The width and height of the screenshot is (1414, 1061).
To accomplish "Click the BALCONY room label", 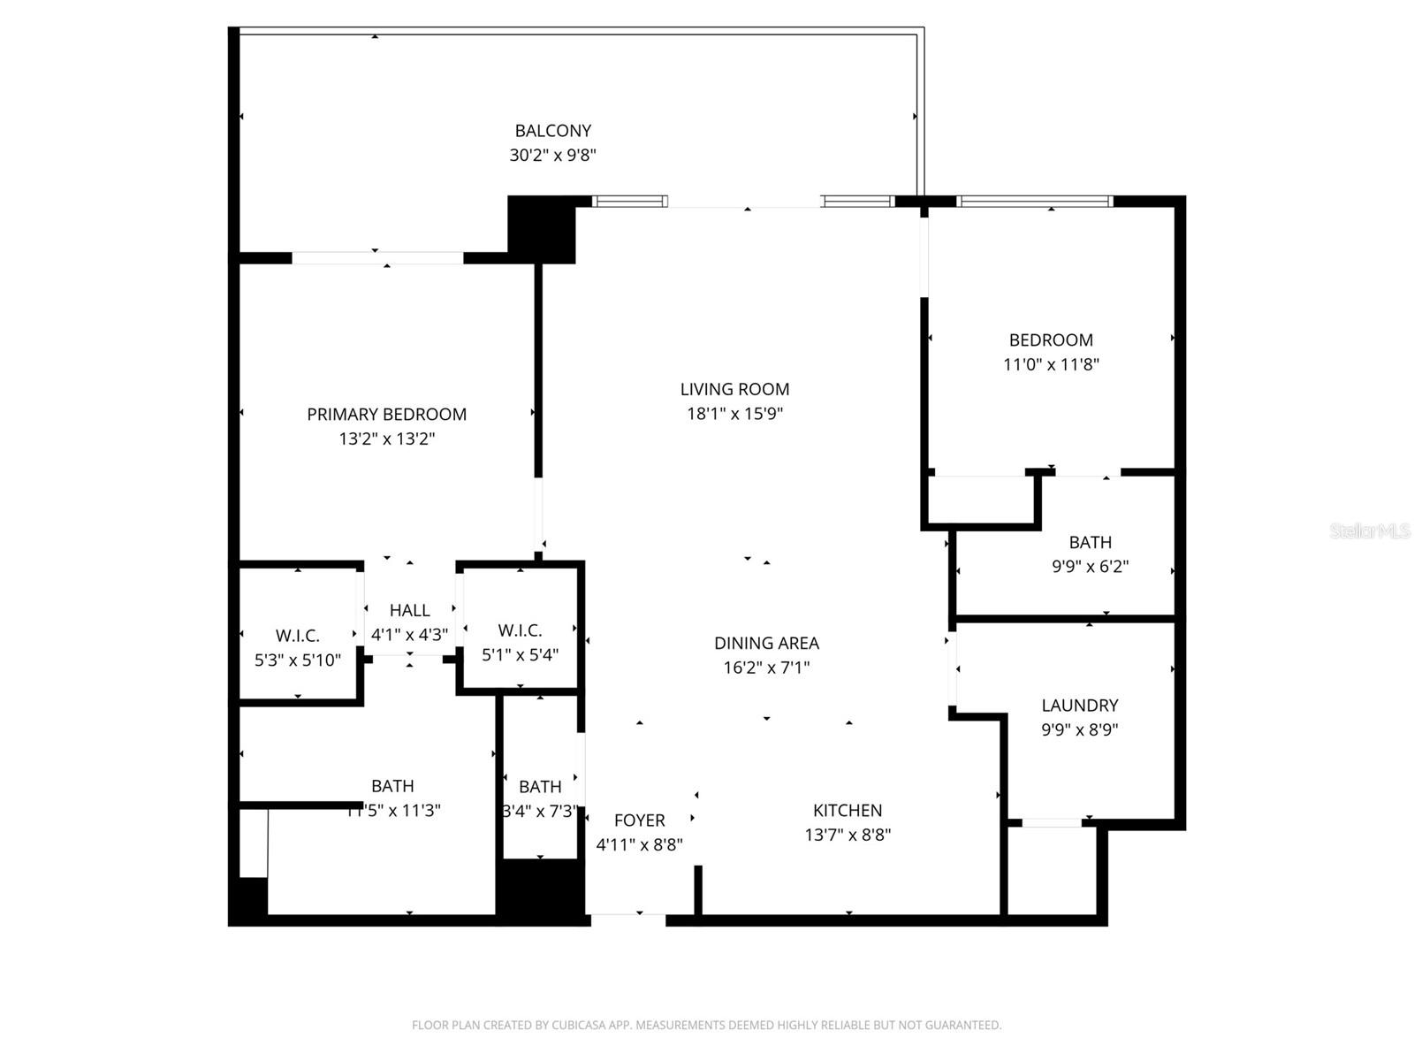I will tap(553, 131).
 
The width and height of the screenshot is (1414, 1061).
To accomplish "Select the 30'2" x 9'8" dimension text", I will tap(553, 156).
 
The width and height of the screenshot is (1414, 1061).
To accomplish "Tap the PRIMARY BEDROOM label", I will tap(386, 414).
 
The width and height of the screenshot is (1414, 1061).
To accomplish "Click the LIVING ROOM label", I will tap(734, 389).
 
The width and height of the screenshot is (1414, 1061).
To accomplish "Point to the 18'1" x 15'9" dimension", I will tap(734, 413).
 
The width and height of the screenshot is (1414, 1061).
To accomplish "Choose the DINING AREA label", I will tap(766, 643).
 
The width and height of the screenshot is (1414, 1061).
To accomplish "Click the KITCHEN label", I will tap(848, 810).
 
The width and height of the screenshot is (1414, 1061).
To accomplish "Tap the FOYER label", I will tap(639, 821).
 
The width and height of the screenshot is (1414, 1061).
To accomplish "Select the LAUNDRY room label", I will tap(1079, 706).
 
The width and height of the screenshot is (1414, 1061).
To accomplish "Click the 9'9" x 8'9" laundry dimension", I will tap(1079, 729).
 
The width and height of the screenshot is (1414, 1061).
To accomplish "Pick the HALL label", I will tap(409, 610).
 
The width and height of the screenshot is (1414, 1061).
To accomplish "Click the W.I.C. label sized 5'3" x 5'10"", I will tap(298, 636).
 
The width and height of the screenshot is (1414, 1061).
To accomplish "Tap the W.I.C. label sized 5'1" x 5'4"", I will tap(520, 630).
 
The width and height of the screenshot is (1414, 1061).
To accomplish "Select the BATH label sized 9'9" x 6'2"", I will tap(1090, 542).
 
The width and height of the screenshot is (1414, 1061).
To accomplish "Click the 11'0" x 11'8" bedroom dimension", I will tap(1051, 364).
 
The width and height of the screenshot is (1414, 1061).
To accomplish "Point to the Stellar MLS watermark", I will tap(1369, 530).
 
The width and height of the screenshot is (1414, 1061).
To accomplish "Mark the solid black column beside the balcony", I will tap(541, 229).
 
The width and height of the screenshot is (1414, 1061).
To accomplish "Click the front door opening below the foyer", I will tap(627, 920).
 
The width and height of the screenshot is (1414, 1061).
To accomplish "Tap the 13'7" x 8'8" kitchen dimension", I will tap(848, 835).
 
